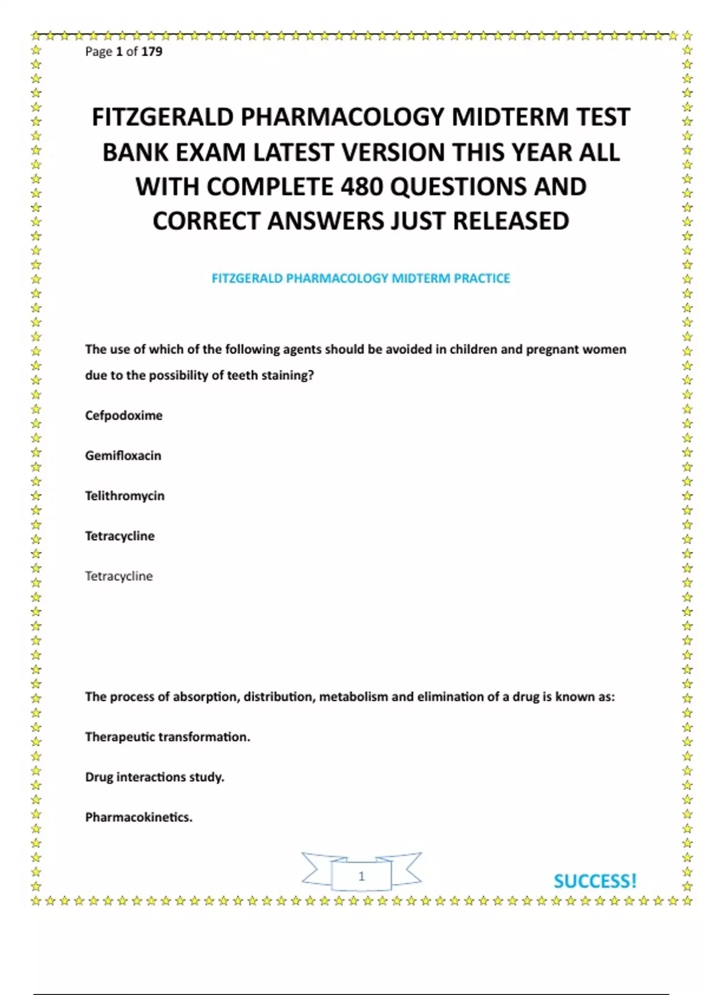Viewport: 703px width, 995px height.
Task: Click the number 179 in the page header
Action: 152,52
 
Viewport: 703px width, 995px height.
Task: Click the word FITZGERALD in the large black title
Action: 162,117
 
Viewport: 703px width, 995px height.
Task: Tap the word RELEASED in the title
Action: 511,221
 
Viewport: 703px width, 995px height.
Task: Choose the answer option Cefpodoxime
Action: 124,416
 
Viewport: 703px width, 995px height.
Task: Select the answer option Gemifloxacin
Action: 123,456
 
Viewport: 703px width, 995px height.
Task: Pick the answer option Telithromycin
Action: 125,496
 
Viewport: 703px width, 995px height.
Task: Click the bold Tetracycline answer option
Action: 120,536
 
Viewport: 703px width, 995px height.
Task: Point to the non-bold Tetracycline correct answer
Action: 119,577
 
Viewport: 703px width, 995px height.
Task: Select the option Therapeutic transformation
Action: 168,737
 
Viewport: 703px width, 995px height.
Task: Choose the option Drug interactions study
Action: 155,777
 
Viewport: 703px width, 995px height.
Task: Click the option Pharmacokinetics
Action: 139,817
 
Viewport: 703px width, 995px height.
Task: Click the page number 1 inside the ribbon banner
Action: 361,876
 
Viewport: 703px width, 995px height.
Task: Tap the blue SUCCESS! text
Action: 595,881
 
